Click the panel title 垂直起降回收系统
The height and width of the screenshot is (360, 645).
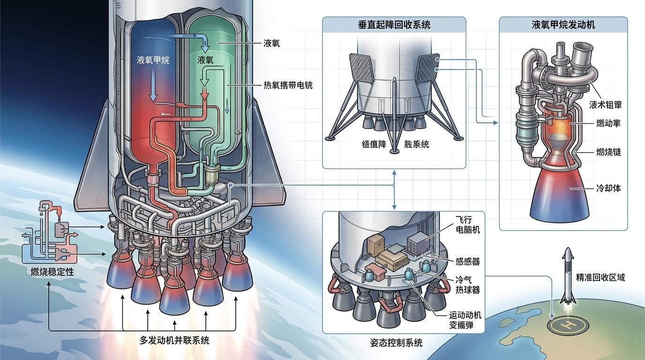coord(394,25)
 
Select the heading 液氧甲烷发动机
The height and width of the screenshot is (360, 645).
coord(563,25)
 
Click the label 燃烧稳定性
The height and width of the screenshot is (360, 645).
coord(52,272)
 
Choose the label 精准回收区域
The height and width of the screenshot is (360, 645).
coord(600,277)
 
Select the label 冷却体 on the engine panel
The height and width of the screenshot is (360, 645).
coord(608,188)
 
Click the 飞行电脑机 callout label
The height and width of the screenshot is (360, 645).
coord(467,225)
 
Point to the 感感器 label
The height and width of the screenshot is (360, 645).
coord(467,262)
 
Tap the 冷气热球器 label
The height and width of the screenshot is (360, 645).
coord(467,285)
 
